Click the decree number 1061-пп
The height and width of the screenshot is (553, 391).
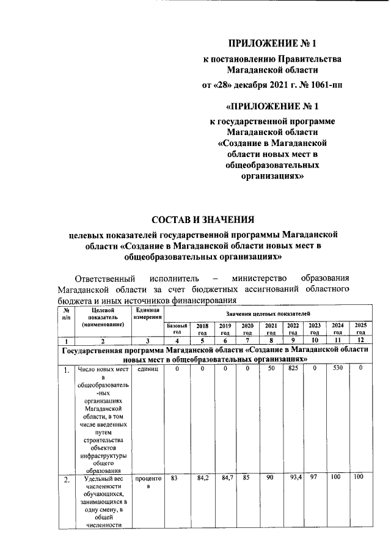click(322, 85)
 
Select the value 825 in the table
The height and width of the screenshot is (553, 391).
click(293, 369)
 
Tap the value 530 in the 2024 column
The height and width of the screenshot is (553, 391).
click(337, 369)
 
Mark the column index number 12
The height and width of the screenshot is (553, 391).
click(360, 340)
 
